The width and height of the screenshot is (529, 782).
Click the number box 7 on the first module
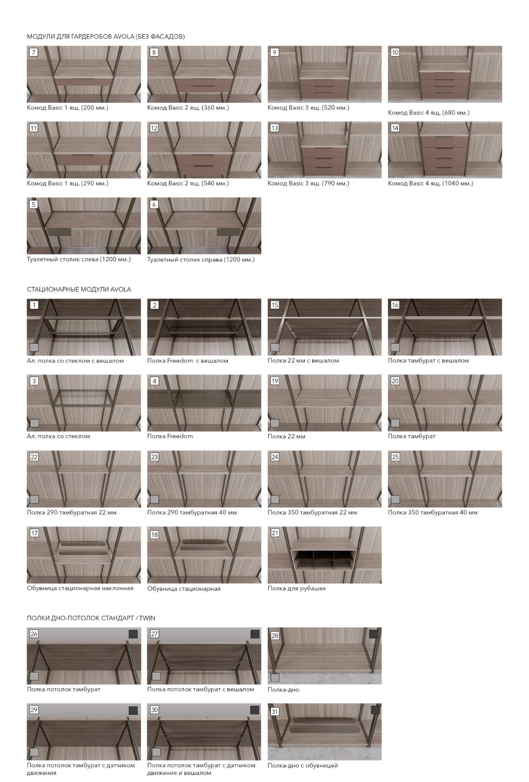click(33, 52)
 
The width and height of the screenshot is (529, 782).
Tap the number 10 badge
click(395, 52)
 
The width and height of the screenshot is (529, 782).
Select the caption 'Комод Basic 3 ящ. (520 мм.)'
click(308, 108)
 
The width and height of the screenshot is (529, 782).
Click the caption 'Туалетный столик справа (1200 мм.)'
click(201, 259)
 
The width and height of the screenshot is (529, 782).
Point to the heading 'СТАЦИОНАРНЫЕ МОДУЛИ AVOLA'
click(79, 289)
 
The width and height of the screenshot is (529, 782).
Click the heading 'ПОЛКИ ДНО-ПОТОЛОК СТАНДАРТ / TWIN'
click(91, 618)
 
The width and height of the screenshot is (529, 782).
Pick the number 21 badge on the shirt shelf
click(275, 533)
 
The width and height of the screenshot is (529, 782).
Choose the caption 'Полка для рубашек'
click(297, 588)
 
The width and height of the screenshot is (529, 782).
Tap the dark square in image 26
click(133, 634)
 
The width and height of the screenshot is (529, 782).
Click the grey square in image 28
click(275, 678)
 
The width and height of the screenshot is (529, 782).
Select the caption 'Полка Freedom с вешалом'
click(187, 361)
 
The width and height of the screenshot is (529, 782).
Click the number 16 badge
click(395, 305)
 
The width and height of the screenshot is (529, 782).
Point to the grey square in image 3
click(34, 423)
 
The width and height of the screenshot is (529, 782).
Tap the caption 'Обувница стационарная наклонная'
click(80, 588)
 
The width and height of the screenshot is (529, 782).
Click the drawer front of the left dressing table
click(59, 232)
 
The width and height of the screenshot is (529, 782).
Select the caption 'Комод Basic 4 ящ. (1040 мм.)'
click(430, 183)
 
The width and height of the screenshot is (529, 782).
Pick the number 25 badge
click(395, 457)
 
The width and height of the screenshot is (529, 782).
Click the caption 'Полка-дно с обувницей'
click(303, 765)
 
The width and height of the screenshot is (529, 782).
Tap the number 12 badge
click(154, 128)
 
